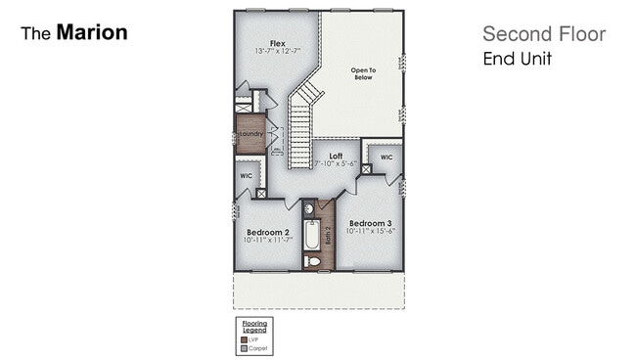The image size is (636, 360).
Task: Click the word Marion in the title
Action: [91, 32]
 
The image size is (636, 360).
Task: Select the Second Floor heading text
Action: [543, 35]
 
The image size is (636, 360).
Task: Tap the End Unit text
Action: [517, 59]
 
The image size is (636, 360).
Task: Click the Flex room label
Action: [277, 42]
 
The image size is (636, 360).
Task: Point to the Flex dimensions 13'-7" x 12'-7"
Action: [277, 51]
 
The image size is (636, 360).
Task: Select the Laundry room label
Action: [251, 134]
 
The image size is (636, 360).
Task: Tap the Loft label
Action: [335, 155]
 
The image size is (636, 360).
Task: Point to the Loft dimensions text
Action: [335, 163]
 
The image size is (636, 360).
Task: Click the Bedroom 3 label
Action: [370, 222]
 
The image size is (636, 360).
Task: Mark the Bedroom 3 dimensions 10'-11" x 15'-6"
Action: [370, 231]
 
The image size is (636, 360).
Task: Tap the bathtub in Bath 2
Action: [311, 236]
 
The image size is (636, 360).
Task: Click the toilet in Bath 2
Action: [311, 261]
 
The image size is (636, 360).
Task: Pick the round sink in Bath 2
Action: [307, 208]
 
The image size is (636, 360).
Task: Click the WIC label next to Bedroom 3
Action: [386, 157]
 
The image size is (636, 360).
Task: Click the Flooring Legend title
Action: [253, 327]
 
